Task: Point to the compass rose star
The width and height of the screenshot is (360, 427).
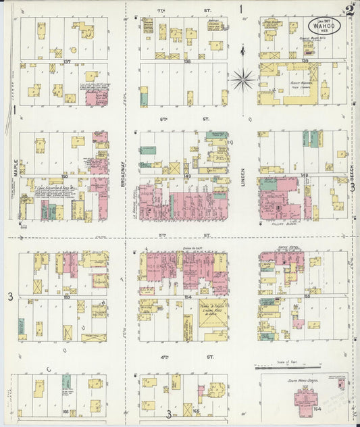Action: tap(242, 80)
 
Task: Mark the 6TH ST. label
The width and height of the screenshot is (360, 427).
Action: tap(182, 118)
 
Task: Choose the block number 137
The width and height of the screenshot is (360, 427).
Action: tap(67, 61)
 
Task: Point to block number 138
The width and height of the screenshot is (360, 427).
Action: tap(187, 61)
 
